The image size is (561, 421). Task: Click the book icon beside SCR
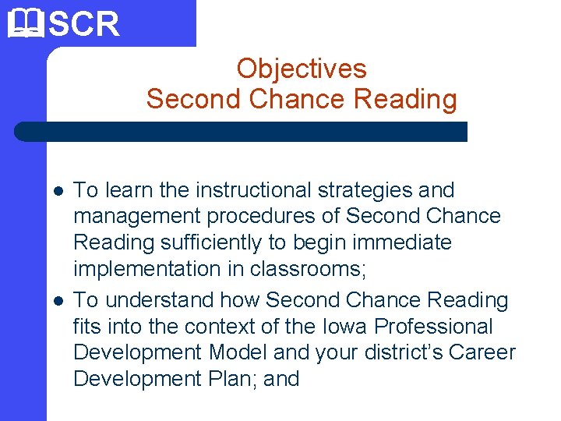pyautogui.click(x=23, y=23)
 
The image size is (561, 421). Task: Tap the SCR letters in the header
pyautogui.click(x=84, y=24)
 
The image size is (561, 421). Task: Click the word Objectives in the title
pyautogui.click(x=302, y=69)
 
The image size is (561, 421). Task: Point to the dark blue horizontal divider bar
pyautogui.click(x=242, y=132)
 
